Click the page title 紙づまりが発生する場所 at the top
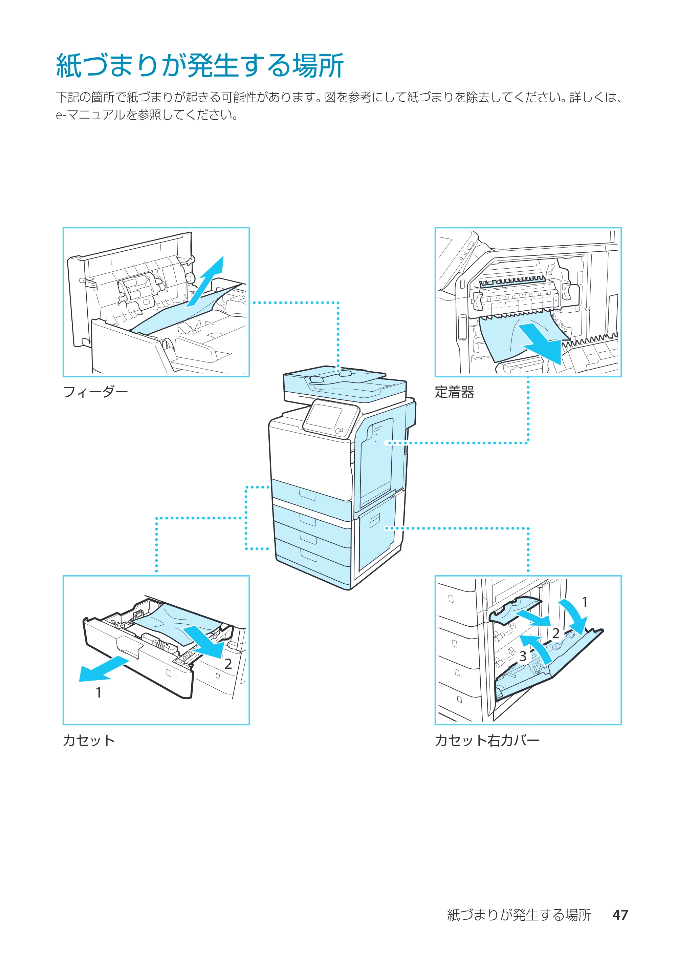pyautogui.click(x=200, y=65)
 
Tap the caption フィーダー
pyautogui.click(x=95, y=392)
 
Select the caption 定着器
pyautogui.click(x=454, y=392)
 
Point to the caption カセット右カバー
pyautogui.click(x=487, y=741)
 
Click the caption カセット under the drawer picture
pyautogui.click(x=89, y=741)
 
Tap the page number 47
pyautogui.click(x=620, y=915)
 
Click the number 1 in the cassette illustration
pyautogui.click(x=99, y=693)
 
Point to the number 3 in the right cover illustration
pyautogui.click(x=523, y=657)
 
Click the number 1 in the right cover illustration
pyautogui.click(x=585, y=602)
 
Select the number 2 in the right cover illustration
pyautogui.click(x=556, y=633)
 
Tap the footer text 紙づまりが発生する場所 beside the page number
pyautogui.click(x=519, y=915)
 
